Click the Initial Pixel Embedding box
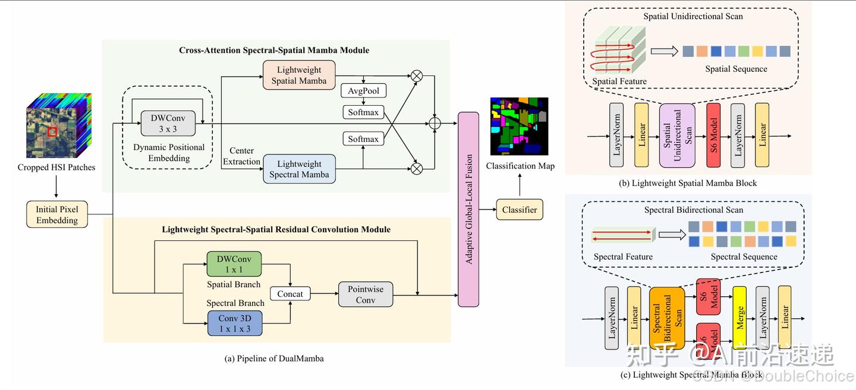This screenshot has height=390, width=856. (57, 215)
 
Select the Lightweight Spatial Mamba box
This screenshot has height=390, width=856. (299, 75)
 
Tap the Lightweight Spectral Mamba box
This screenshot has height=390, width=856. (299, 169)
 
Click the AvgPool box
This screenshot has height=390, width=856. (364, 91)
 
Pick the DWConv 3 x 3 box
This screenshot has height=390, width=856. (168, 123)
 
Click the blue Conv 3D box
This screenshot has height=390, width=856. (235, 323)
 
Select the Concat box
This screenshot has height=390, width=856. (290, 294)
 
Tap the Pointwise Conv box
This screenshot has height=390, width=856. (366, 294)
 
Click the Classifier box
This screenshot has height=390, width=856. (520, 210)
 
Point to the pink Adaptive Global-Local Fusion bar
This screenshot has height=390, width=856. (468, 209)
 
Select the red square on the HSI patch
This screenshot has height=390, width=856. (52, 131)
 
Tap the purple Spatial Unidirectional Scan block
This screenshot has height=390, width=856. (677, 135)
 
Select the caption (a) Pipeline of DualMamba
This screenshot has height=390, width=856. (274, 359)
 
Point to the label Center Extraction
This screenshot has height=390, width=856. (241, 157)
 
